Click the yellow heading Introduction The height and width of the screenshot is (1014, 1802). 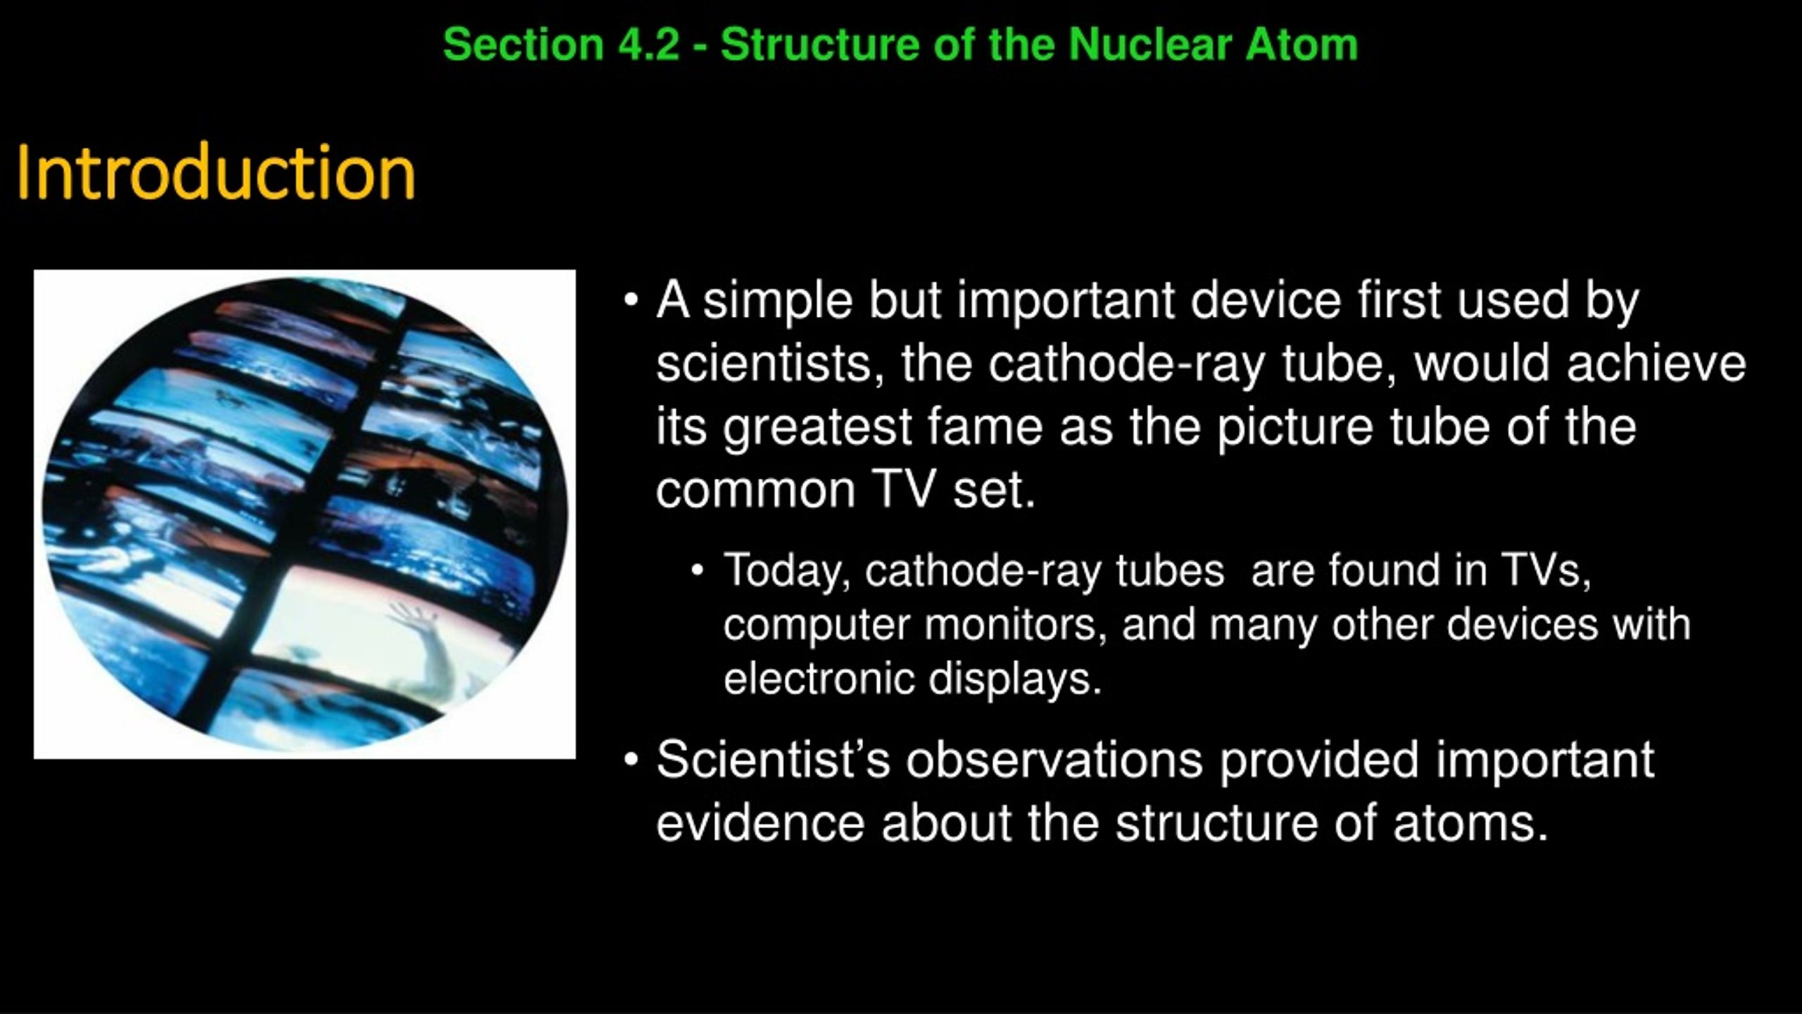coord(216,172)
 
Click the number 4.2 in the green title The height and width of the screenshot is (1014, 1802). coord(649,44)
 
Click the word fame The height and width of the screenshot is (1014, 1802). coord(985,427)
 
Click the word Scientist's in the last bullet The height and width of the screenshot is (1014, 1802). coord(774,760)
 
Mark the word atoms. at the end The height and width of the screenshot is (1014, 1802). coord(1471,823)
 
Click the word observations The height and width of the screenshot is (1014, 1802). coord(1054,760)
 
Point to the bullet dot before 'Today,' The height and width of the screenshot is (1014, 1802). coord(698,571)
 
